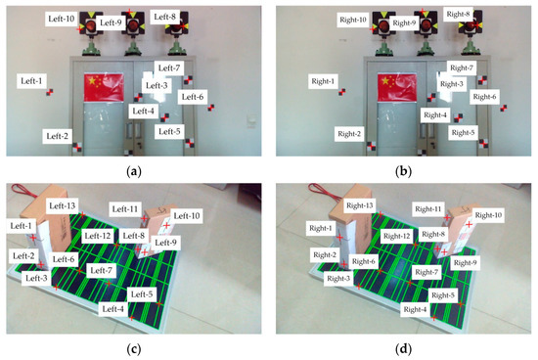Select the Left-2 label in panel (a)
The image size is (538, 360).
54,134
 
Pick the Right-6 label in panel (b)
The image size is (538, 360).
484,97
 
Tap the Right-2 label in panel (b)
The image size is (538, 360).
349,132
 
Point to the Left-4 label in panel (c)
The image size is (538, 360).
114,308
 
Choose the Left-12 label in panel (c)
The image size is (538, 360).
98,236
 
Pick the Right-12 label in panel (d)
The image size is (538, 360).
395,236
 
